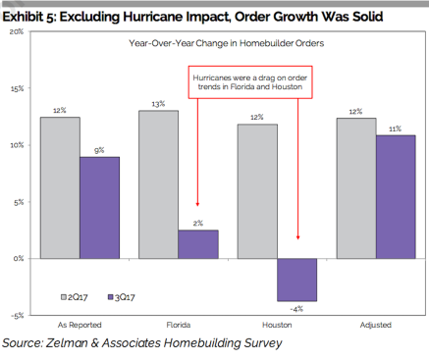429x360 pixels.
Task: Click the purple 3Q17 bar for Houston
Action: pyautogui.click(x=297, y=280)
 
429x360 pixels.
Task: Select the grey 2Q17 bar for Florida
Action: pyautogui.click(x=159, y=184)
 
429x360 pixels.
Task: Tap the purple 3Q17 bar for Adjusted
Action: pyautogui.click(x=396, y=197)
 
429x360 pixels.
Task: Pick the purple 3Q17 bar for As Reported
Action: pyautogui.click(x=99, y=208)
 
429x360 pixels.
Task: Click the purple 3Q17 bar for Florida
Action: pyautogui.click(x=198, y=244)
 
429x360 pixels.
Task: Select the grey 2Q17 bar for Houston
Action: pyautogui.click(x=257, y=191)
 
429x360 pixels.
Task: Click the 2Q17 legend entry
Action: pyautogui.click(x=75, y=297)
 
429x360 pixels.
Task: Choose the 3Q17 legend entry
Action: pyautogui.click(x=122, y=297)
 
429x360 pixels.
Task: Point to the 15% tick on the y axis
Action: pyautogui.click(x=17, y=88)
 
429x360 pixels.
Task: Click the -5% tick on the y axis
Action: pyautogui.click(x=17, y=316)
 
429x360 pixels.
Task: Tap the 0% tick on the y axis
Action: pyautogui.click(x=19, y=259)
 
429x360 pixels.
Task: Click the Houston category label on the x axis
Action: pyautogui.click(x=277, y=325)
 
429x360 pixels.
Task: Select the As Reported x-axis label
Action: pyautogui.click(x=80, y=325)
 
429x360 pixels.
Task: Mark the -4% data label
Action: pyautogui.click(x=296, y=309)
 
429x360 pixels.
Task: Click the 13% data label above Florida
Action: pyautogui.click(x=158, y=104)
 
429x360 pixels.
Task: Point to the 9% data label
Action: pyautogui.click(x=99, y=150)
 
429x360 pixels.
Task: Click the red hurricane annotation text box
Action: pyautogui.click(x=250, y=82)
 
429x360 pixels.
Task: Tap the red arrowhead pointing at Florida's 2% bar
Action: pyautogui.click(x=197, y=204)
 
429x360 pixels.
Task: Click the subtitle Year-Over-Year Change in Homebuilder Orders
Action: pyautogui.click(x=227, y=43)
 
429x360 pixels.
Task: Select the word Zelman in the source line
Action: pyautogui.click(x=67, y=343)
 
